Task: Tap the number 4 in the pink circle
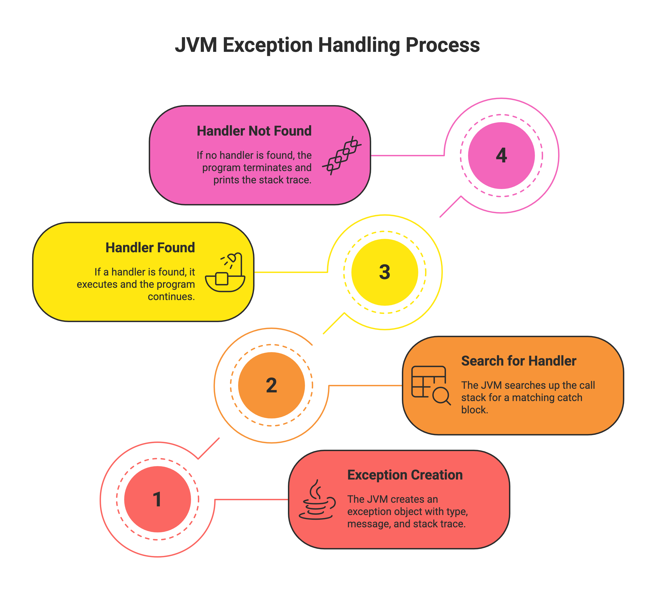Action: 501,155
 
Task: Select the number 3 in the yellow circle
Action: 385,272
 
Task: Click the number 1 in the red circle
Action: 157,499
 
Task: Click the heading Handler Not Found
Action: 254,131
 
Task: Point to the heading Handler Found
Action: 150,247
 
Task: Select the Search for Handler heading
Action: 519,361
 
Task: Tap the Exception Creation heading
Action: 405,475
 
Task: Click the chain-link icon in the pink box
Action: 342,155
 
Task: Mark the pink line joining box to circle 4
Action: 408,155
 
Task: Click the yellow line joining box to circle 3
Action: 291,272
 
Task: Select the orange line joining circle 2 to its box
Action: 365,386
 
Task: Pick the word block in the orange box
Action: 475,410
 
